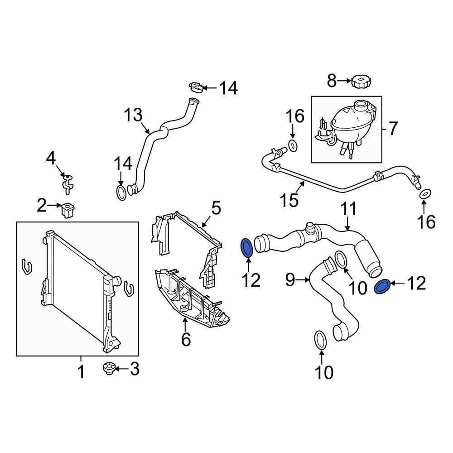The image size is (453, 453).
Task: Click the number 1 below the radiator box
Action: click(81, 372)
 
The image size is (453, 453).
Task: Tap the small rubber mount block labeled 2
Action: click(68, 210)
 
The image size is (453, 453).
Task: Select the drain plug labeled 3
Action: click(109, 369)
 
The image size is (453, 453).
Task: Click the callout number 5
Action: click(216, 208)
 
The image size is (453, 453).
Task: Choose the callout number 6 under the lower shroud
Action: click(186, 339)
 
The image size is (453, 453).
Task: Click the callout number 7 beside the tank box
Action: click(392, 129)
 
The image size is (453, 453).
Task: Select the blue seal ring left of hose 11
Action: click(247, 248)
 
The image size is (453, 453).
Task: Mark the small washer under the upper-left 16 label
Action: click(293, 145)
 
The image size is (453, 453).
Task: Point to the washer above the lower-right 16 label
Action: click(425, 194)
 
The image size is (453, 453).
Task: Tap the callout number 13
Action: click(133, 116)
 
